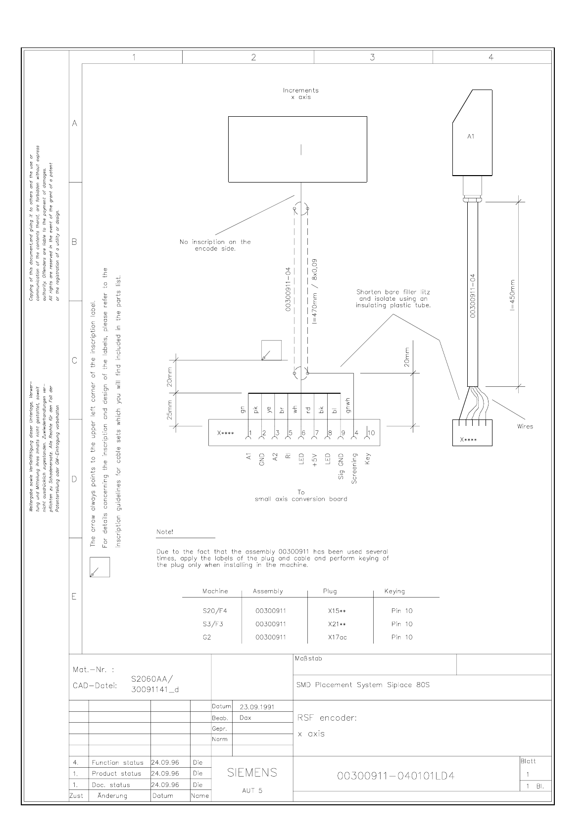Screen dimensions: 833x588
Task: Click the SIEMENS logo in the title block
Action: click(x=252, y=773)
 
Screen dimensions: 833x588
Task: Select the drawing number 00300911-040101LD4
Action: click(x=395, y=776)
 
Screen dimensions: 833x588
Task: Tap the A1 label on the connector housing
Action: click(x=471, y=137)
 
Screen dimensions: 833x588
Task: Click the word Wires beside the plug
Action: click(x=524, y=426)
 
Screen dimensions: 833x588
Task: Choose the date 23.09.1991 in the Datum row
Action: click(x=257, y=707)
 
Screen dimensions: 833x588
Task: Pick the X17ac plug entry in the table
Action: click(x=337, y=637)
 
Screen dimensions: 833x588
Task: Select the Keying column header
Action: click(x=394, y=591)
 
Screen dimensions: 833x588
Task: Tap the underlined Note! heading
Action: click(x=165, y=532)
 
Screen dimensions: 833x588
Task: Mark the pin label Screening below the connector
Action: click(x=354, y=467)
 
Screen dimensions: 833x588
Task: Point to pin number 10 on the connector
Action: click(x=371, y=433)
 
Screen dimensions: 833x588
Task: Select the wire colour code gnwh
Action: click(x=348, y=405)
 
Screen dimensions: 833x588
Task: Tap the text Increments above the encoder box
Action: click(x=300, y=91)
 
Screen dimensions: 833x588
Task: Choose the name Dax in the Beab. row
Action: click(x=245, y=717)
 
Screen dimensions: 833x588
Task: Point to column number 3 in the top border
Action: click(x=372, y=57)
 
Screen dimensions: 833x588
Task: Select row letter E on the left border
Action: click(x=75, y=597)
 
